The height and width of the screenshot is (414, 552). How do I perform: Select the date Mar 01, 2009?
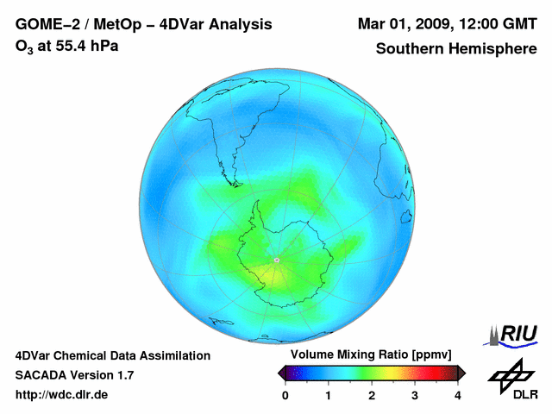[403, 25]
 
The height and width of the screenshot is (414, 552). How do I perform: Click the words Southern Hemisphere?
[456, 49]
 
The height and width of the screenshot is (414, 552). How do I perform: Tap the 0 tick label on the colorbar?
[285, 395]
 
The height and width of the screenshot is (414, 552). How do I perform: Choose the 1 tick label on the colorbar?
[329, 395]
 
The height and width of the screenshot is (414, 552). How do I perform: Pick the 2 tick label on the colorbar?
[372, 395]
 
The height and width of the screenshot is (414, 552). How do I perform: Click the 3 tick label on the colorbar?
[415, 395]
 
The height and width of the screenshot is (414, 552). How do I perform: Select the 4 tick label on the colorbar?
[458, 395]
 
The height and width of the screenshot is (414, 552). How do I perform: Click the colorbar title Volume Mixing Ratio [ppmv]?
[372, 355]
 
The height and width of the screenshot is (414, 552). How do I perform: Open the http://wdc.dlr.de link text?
[62, 395]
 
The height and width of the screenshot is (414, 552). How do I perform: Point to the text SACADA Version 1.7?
[74, 375]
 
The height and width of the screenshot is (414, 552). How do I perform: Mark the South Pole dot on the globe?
[276, 260]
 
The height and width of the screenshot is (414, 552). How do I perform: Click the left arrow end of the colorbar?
[282, 373]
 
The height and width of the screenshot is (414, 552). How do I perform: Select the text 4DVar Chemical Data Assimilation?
[112, 355]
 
